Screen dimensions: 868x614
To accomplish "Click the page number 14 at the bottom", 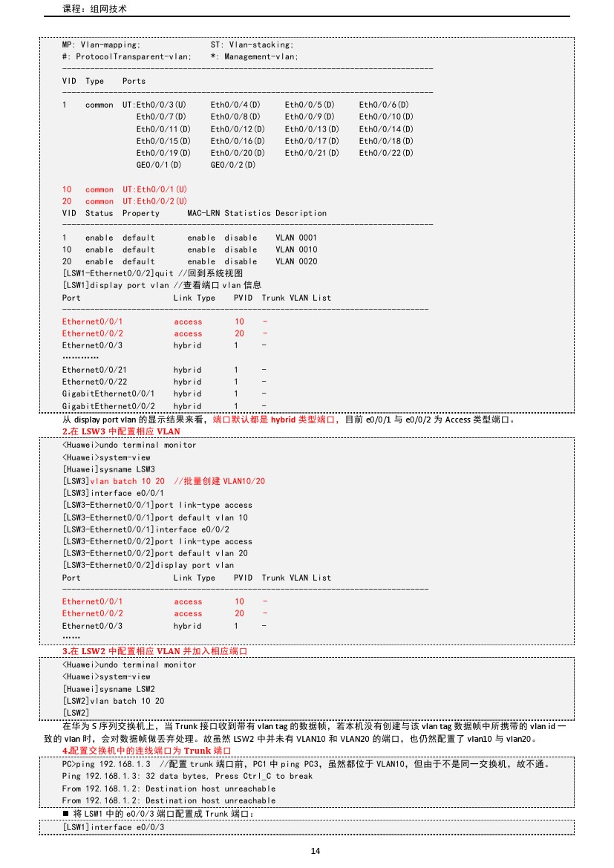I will pyautogui.click(x=315, y=851).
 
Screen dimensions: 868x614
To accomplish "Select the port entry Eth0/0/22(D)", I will pyautogui.click(x=386, y=153).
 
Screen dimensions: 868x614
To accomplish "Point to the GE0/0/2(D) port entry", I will pyautogui.click(x=233, y=165).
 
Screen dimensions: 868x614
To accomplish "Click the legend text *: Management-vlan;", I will pyautogui.click(x=254, y=57).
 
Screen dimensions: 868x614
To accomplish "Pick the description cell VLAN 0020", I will pyautogui.click(x=296, y=261).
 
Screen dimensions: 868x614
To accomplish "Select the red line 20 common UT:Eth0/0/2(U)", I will pyautogui.click(x=124, y=201).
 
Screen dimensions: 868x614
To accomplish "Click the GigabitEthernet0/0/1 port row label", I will pyautogui.click(x=108, y=394).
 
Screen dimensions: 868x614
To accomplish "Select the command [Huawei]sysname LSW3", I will pyautogui.click(x=108, y=469).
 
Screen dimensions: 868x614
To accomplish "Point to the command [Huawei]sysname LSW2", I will pyautogui.click(x=108, y=689).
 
